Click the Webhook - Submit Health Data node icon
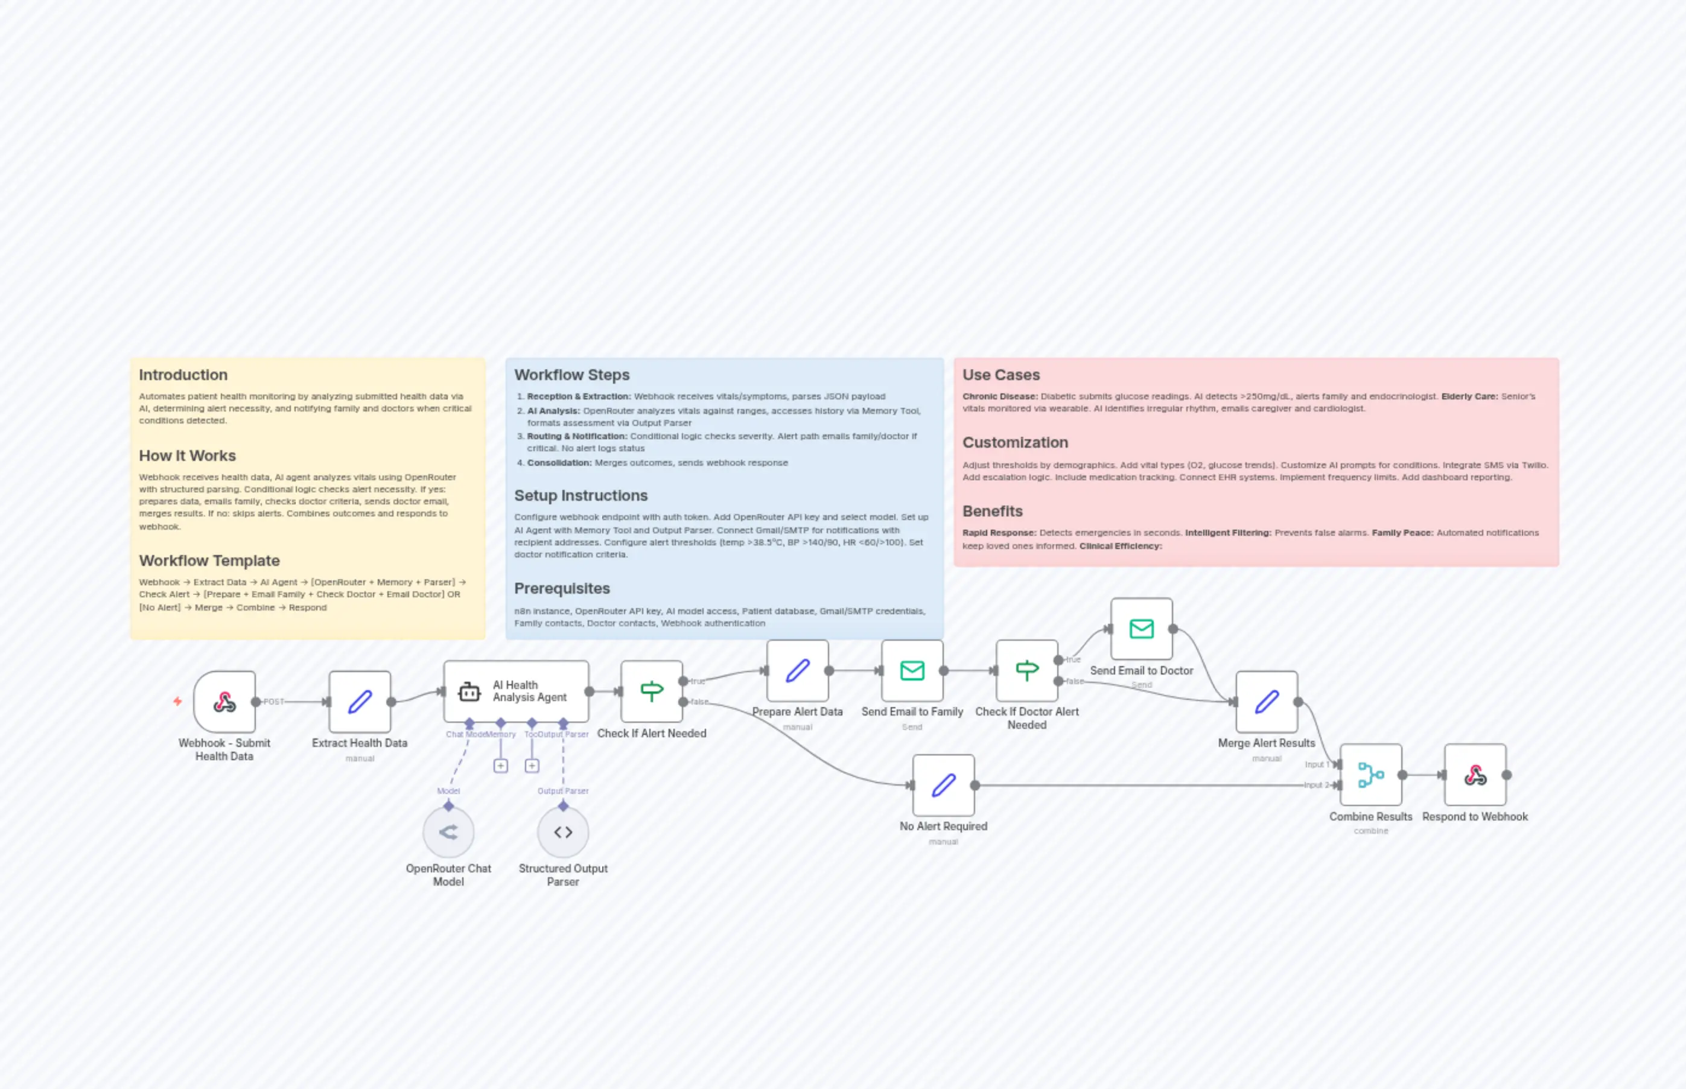224,702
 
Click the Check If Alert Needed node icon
651,691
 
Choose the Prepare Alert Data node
797,670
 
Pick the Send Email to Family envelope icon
912,670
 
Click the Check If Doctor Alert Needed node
1026,670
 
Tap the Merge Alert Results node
1266,702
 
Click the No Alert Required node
943,785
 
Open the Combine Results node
1370,774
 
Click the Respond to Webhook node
1475,774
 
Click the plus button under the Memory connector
500,766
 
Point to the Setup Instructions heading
580,495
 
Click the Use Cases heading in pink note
1000,375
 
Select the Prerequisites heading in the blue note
562,588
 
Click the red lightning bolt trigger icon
177,702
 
